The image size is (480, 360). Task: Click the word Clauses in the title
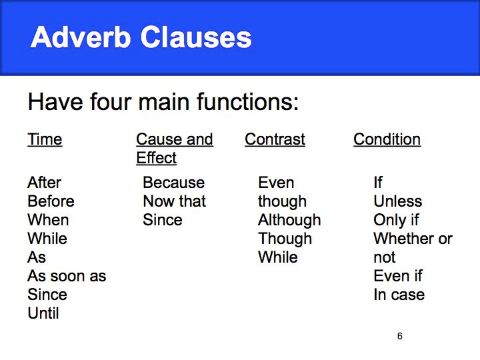(196, 37)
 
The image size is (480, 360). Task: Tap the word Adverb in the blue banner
(81, 37)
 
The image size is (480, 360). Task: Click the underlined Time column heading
(45, 139)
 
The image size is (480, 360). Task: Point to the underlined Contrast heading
(275, 139)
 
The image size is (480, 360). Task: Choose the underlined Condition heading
(387, 139)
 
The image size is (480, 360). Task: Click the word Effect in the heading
(157, 158)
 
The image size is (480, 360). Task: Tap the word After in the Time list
(45, 183)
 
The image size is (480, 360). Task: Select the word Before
(51, 201)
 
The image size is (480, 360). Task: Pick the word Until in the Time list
(43, 313)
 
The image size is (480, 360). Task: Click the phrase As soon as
(67, 276)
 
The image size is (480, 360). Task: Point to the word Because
(174, 183)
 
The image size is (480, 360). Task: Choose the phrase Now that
(175, 201)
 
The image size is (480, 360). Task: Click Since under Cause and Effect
(163, 220)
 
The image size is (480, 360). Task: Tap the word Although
(289, 221)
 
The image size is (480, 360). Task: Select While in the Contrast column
(278, 257)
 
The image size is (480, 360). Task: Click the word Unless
(398, 201)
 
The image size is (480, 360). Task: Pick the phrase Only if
(396, 221)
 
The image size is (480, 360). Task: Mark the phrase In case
(399, 295)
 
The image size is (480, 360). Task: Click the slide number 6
(400, 336)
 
